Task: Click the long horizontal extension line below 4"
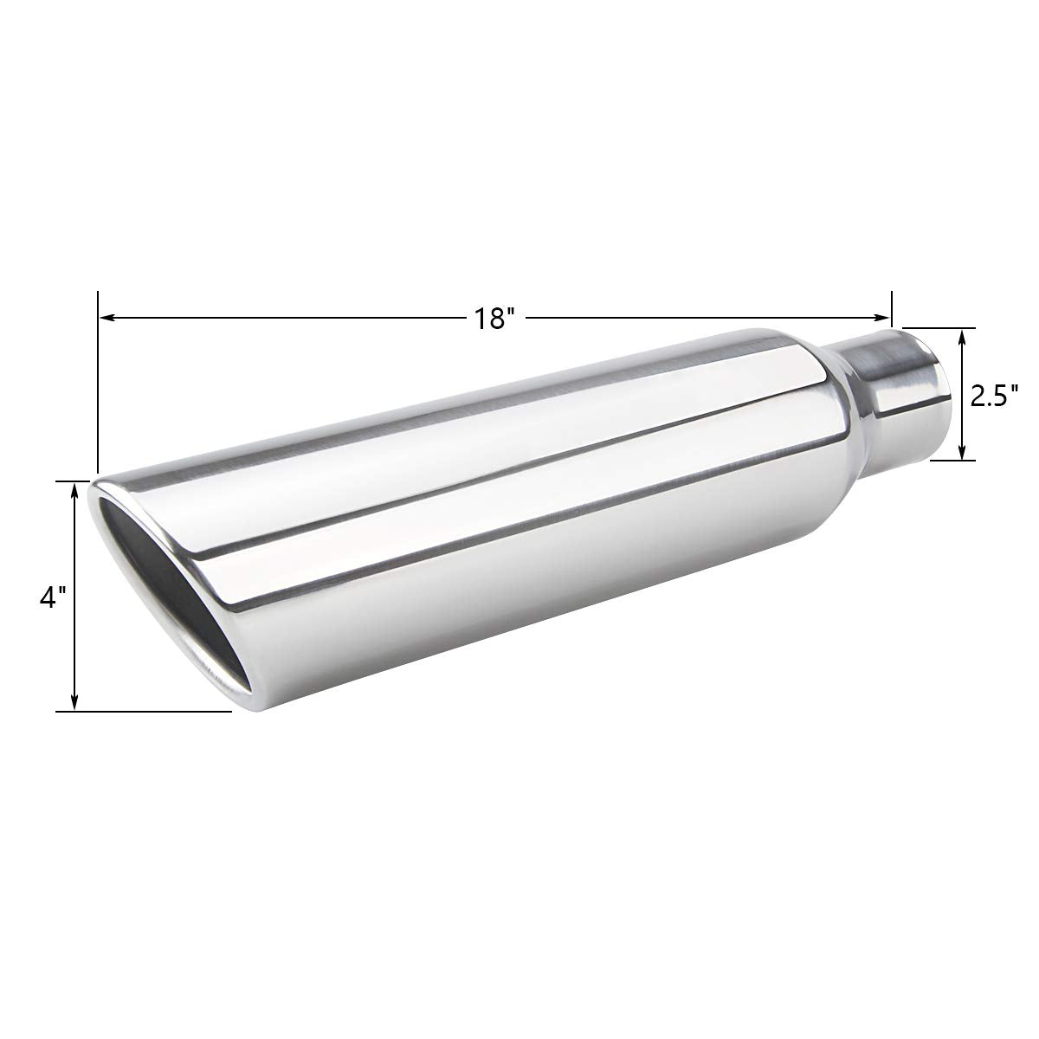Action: [143, 712]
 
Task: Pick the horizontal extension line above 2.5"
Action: [939, 328]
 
